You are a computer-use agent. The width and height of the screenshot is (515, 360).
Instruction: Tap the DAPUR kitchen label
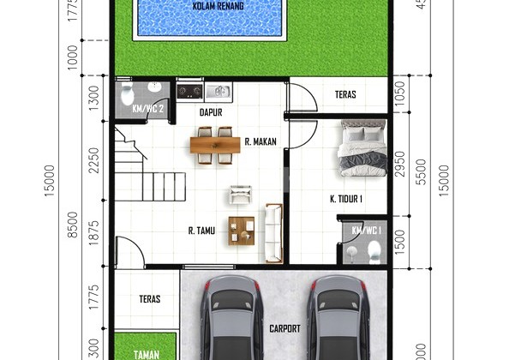tap(212, 111)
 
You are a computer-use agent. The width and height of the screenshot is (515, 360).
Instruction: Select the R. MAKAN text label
tap(260, 142)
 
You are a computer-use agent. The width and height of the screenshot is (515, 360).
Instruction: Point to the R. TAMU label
tap(201, 230)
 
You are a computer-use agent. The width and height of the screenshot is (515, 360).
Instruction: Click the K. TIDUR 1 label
tap(346, 199)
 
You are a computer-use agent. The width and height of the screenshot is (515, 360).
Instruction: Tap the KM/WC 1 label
tap(366, 231)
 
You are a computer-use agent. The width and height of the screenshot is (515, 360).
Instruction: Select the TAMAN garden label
tap(143, 351)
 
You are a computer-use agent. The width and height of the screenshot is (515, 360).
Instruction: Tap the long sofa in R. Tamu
tap(273, 232)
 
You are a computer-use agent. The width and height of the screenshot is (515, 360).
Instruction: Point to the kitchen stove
tap(189, 90)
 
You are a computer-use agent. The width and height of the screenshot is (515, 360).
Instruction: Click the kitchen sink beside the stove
tap(217, 90)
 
